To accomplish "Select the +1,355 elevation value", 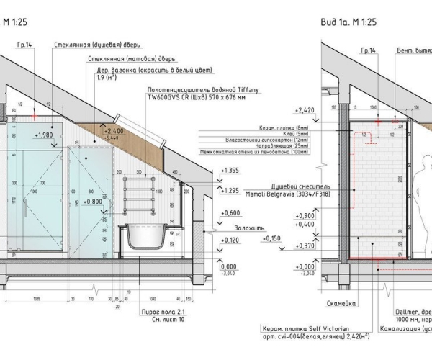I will [x=230, y=171].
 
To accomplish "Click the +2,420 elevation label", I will [x=306, y=111].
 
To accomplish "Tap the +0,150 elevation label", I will [x=272, y=238].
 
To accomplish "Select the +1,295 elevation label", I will [x=230, y=191].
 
